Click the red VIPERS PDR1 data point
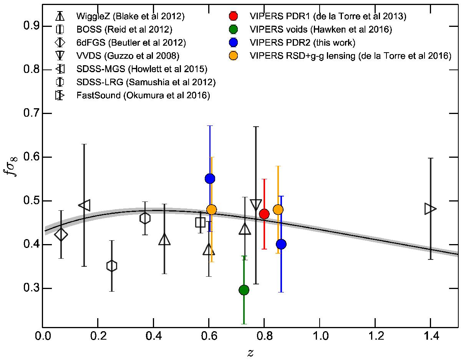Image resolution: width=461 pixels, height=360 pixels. coord(264,214)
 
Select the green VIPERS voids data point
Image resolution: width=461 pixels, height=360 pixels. coord(244,290)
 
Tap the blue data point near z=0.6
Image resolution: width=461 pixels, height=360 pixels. coord(210,178)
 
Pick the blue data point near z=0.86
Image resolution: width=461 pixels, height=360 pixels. coord(281,244)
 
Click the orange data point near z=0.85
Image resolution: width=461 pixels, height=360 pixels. coord(278,210)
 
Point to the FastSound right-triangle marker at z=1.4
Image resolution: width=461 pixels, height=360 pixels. coord(430,209)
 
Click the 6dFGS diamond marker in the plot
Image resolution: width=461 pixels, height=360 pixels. coord(61,234)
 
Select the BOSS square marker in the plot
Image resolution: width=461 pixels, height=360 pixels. coord(200,222)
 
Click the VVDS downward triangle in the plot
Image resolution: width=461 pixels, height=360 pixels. coord(256,205)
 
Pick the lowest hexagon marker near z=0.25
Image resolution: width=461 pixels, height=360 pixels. coord(112,266)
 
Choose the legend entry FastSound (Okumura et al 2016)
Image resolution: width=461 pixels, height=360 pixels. coord(143,96)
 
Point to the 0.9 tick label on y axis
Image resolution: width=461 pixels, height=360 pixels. coord(26,26)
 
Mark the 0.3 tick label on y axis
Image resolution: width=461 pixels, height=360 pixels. coord(26,289)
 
